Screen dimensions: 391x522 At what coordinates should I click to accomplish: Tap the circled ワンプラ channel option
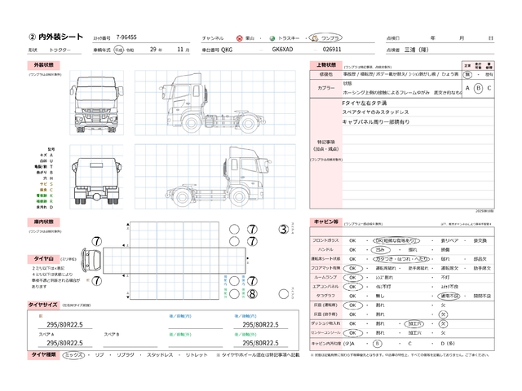(x=330, y=38)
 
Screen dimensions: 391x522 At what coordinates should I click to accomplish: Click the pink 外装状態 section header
(x=43, y=64)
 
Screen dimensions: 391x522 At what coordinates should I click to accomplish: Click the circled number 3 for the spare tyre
(x=283, y=231)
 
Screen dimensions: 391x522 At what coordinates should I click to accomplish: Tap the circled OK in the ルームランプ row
(x=352, y=277)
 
